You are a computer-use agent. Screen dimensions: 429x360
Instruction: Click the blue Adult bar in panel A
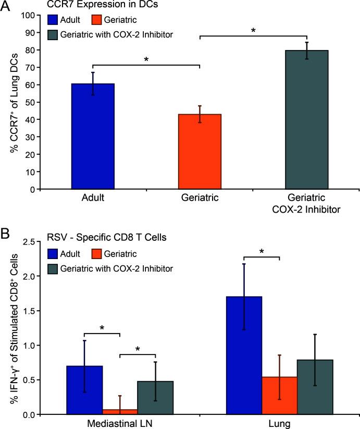click(x=93, y=136)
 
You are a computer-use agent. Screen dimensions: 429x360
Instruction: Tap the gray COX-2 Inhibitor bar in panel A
click(x=306, y=119)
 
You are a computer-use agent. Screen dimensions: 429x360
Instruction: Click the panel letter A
click(x=6, y=6)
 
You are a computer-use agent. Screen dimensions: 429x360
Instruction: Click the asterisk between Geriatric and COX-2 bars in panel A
click(x=253, y=31)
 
